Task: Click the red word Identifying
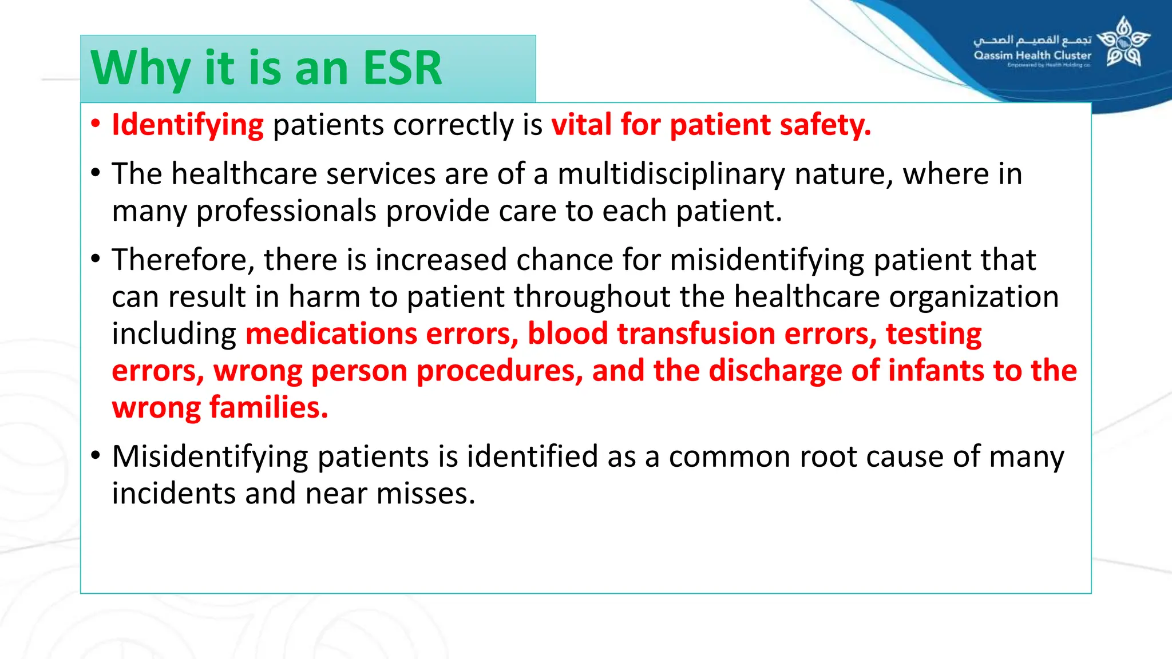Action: tap(188, 125)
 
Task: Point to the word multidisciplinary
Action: tap(671, 174)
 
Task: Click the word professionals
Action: tap(286, 211)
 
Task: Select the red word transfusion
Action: tap(695, 334)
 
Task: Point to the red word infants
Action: tap(936, 371)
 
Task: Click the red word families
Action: tap(268, 408)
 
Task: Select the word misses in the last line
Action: tap(426, 494)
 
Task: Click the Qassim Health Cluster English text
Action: tap(1032, 55)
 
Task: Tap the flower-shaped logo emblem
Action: tap(1123, 42)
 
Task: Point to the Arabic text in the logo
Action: tap(1032, 40)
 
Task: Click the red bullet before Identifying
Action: tap(96, 124)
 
